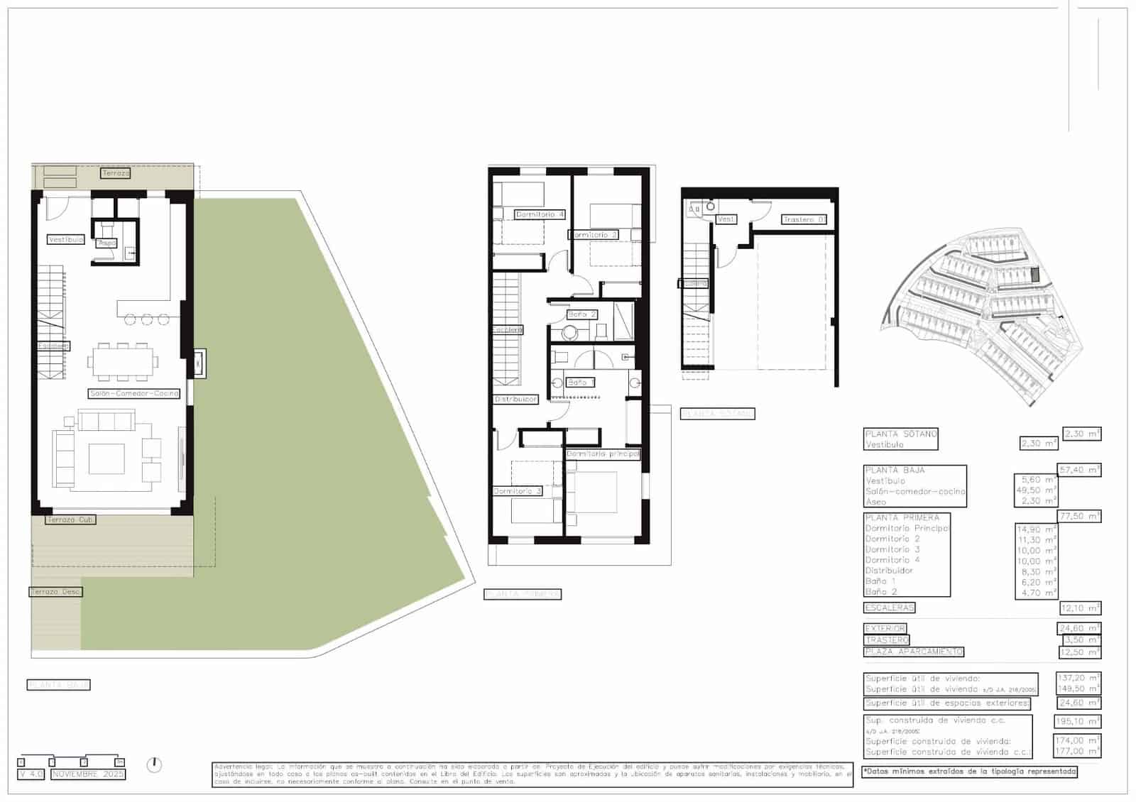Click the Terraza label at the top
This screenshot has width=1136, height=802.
(x=116, y=173)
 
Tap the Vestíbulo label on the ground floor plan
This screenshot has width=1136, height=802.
(x=66, y=240)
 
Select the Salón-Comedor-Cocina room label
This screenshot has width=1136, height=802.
(x=134, y=393)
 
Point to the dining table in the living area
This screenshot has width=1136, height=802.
(x=123, y=361)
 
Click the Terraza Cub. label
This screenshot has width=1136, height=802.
(x=70, y=520)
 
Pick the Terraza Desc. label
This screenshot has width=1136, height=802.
(x=55, y=591)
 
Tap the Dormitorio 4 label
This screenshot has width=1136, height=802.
(x=540, y=214)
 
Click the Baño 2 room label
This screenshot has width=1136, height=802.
(x=581, y=314)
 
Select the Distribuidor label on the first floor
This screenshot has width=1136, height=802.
(x=515, y=400)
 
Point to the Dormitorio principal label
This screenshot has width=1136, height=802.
(x=603, y=454)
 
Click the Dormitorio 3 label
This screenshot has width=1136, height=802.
(x=518, y=491)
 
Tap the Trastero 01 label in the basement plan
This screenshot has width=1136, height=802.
(x=804, y=220)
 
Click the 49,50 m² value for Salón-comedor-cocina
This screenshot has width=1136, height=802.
(x=1038, y=490)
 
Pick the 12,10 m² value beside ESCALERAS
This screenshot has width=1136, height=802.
(x=1079, y=608)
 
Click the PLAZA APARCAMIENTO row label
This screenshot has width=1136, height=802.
(x=914, y=652)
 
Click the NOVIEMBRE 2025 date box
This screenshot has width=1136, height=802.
(x=88, y=774)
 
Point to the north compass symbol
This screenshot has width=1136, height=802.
(x=154, y=764)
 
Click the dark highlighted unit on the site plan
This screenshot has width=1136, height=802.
(x=1034, y=273)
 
